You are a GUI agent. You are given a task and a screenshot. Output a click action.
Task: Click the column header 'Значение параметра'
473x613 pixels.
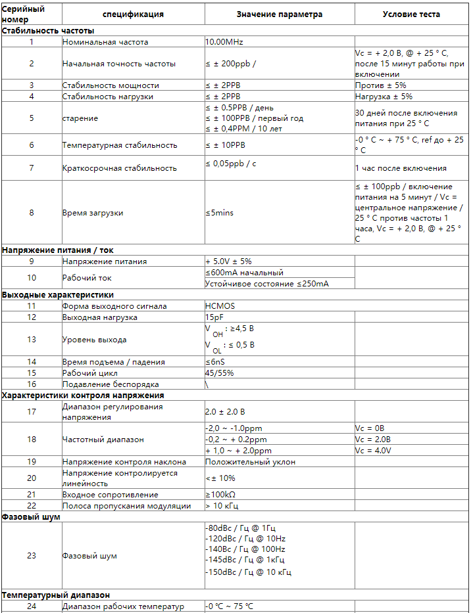[x=280, y=14]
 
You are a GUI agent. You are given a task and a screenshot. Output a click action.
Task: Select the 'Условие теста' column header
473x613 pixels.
[x=411, y=14]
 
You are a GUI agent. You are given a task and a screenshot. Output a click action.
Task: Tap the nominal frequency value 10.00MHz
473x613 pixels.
[x=226, y=42]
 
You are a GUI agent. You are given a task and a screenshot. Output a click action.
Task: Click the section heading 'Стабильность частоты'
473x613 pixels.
[x=48, y=31]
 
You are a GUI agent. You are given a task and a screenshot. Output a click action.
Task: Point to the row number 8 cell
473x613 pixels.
[x=31, y=213]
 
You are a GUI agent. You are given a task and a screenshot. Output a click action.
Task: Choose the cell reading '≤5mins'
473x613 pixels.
[x=219, y=213]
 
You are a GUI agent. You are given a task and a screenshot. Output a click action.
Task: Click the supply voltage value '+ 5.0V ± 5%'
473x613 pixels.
[x=228, y=261]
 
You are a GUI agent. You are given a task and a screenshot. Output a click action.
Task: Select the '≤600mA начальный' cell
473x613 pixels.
[x=244, y=273]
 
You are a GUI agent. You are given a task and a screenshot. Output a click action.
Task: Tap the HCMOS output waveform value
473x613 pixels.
[x=220, y=306]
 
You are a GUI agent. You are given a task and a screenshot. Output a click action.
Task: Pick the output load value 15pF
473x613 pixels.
[x=214, y=317]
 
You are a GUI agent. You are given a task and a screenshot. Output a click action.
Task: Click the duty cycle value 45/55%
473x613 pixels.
[x=219, y=373]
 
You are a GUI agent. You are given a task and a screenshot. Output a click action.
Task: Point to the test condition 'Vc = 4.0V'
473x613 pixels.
[x=373, y=451]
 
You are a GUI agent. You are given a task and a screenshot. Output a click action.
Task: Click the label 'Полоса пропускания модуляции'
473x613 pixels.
[x=126, y=506]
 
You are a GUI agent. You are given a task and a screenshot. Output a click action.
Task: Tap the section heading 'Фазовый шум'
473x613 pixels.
[x=31, y=517]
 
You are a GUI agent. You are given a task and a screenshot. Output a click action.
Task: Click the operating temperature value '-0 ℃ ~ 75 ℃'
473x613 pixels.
[x=229, y=606]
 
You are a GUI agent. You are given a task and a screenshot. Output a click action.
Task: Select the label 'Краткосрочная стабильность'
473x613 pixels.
[x=119, y=168]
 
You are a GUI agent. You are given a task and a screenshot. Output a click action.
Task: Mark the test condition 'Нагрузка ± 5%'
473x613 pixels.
[x=384, y=97]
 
